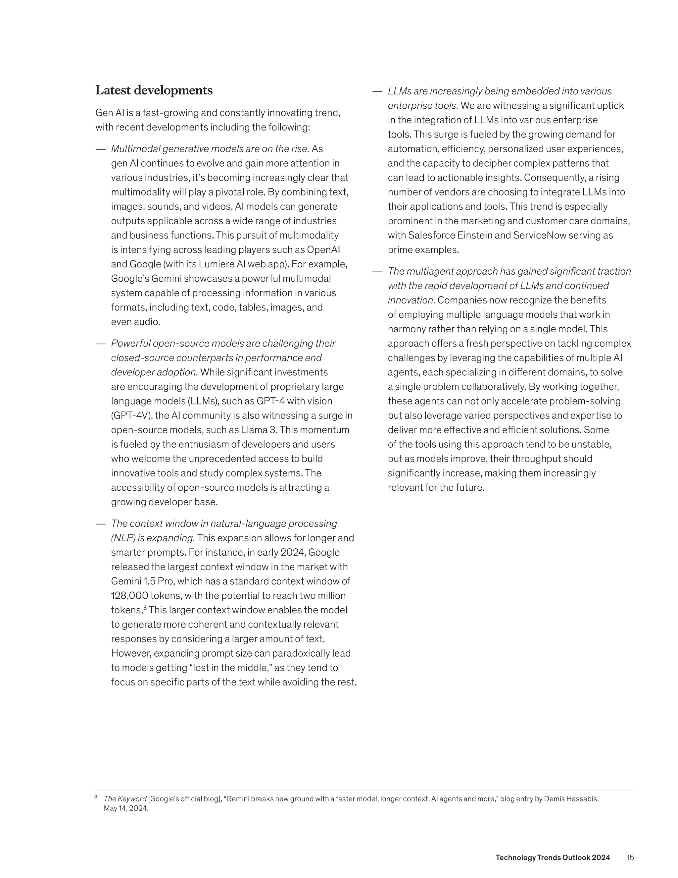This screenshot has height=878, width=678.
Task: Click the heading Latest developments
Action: pyautogui.click(x=154, y=90)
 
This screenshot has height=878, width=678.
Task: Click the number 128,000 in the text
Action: pyautogui.click(x=129, y=596)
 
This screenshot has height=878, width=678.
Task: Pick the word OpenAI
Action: pyautogui.click(x=323, y=250)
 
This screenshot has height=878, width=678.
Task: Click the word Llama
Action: pyautogui.click(x=254, y=430)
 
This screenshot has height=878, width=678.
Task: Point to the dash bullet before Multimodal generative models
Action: pyautogui.click(x=100, y=149)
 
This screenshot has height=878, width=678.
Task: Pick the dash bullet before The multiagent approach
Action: pyautogui.click(x=377, y=272)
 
